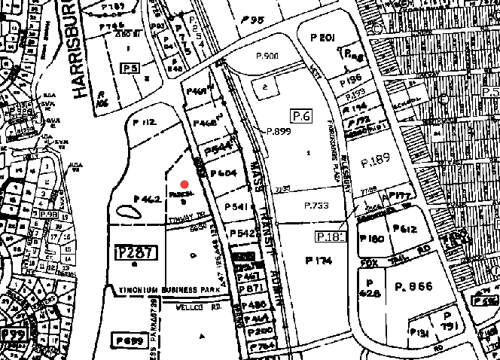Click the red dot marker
pyautogui.click(x=183, y=183)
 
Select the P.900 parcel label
pyautogui.click(x=267, y=56)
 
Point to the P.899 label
pyautogui.click(x=278, y=130)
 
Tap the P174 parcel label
pyautogui.click(x=320, y=260)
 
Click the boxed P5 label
pyautogui.click(x=130, y=68)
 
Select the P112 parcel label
pyautogui.click(x=144, y=122)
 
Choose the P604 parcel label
pyautogui.click(x=224, y=174)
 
